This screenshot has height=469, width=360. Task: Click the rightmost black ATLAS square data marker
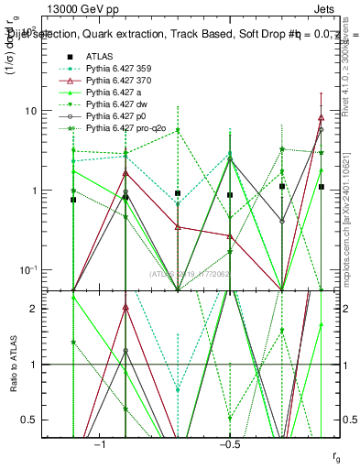coord(321,186)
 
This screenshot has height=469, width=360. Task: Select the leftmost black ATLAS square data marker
coord(73,199)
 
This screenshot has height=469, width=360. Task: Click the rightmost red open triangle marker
coord(321,117)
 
